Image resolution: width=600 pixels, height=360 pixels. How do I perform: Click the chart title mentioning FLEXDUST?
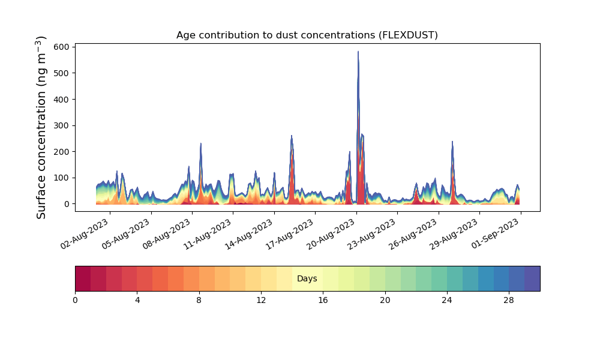(x=307, y=35)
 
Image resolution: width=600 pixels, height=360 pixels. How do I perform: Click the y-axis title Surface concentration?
(x=41, y=127)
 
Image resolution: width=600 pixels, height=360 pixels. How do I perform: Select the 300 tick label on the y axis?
(x=62, y=125)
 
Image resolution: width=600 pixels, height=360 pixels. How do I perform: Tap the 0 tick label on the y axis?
(x=67, y=204)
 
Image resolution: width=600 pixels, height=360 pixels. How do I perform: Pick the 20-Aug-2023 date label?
(x=331, y=234)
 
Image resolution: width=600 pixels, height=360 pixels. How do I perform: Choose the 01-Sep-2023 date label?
(x=496, y=234)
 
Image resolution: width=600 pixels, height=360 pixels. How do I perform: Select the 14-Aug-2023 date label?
(x=249, y=234)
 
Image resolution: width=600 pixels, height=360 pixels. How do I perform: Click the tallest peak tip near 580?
(x=358, y=52)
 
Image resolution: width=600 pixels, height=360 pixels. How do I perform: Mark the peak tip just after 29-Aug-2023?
(x=452, y=142)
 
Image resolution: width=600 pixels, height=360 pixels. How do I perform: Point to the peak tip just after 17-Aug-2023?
(x=292, y=136)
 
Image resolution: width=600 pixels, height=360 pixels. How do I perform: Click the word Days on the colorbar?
(x=307, y=278)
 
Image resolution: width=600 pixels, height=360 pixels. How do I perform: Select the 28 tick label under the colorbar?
(x=509, y=301)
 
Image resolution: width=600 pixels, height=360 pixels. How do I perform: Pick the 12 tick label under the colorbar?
(x=261, y=301)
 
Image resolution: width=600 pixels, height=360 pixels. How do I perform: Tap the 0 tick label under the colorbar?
(x=76, y=301)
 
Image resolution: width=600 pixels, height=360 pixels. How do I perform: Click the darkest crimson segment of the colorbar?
(x=83, y=278)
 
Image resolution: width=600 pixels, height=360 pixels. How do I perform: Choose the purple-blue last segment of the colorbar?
(x=532, y=278)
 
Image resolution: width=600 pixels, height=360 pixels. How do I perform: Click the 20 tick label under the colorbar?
(x=385, y=301)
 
